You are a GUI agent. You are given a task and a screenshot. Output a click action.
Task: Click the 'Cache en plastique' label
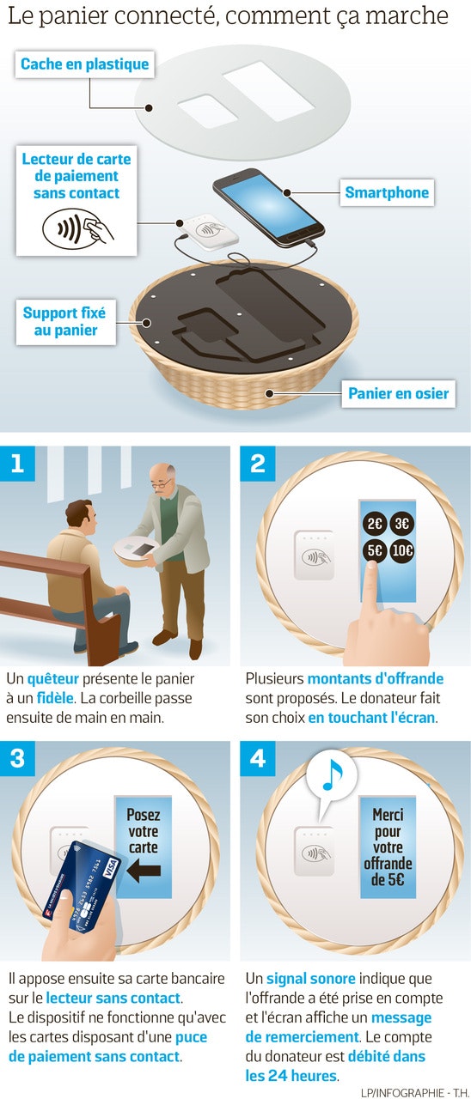[x=84, y=64]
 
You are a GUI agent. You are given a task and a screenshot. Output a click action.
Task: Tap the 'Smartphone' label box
[x=387, y=192]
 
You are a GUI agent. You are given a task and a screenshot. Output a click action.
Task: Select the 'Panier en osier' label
[x=398, y=393]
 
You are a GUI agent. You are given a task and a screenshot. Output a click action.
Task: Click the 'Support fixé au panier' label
[x=64, y=322]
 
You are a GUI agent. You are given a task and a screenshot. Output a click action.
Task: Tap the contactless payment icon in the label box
[x=77, y=228]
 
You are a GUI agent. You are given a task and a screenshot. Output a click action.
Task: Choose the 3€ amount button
[x=401, y=523]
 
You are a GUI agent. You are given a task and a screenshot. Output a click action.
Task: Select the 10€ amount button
[x=401, y=550]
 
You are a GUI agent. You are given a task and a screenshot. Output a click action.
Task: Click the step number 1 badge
[x=18, y=464]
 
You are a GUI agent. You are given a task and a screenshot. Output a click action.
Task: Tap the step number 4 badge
[x=257, y=758]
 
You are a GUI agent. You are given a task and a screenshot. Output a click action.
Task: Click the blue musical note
[x=333, y=774]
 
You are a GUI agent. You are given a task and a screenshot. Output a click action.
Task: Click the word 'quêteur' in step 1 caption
[x=53, y=678]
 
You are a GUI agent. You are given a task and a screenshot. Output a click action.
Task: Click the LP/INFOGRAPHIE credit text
[x=414, y=1093]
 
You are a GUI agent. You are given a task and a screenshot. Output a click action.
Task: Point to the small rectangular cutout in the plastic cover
[x=208, y=112]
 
